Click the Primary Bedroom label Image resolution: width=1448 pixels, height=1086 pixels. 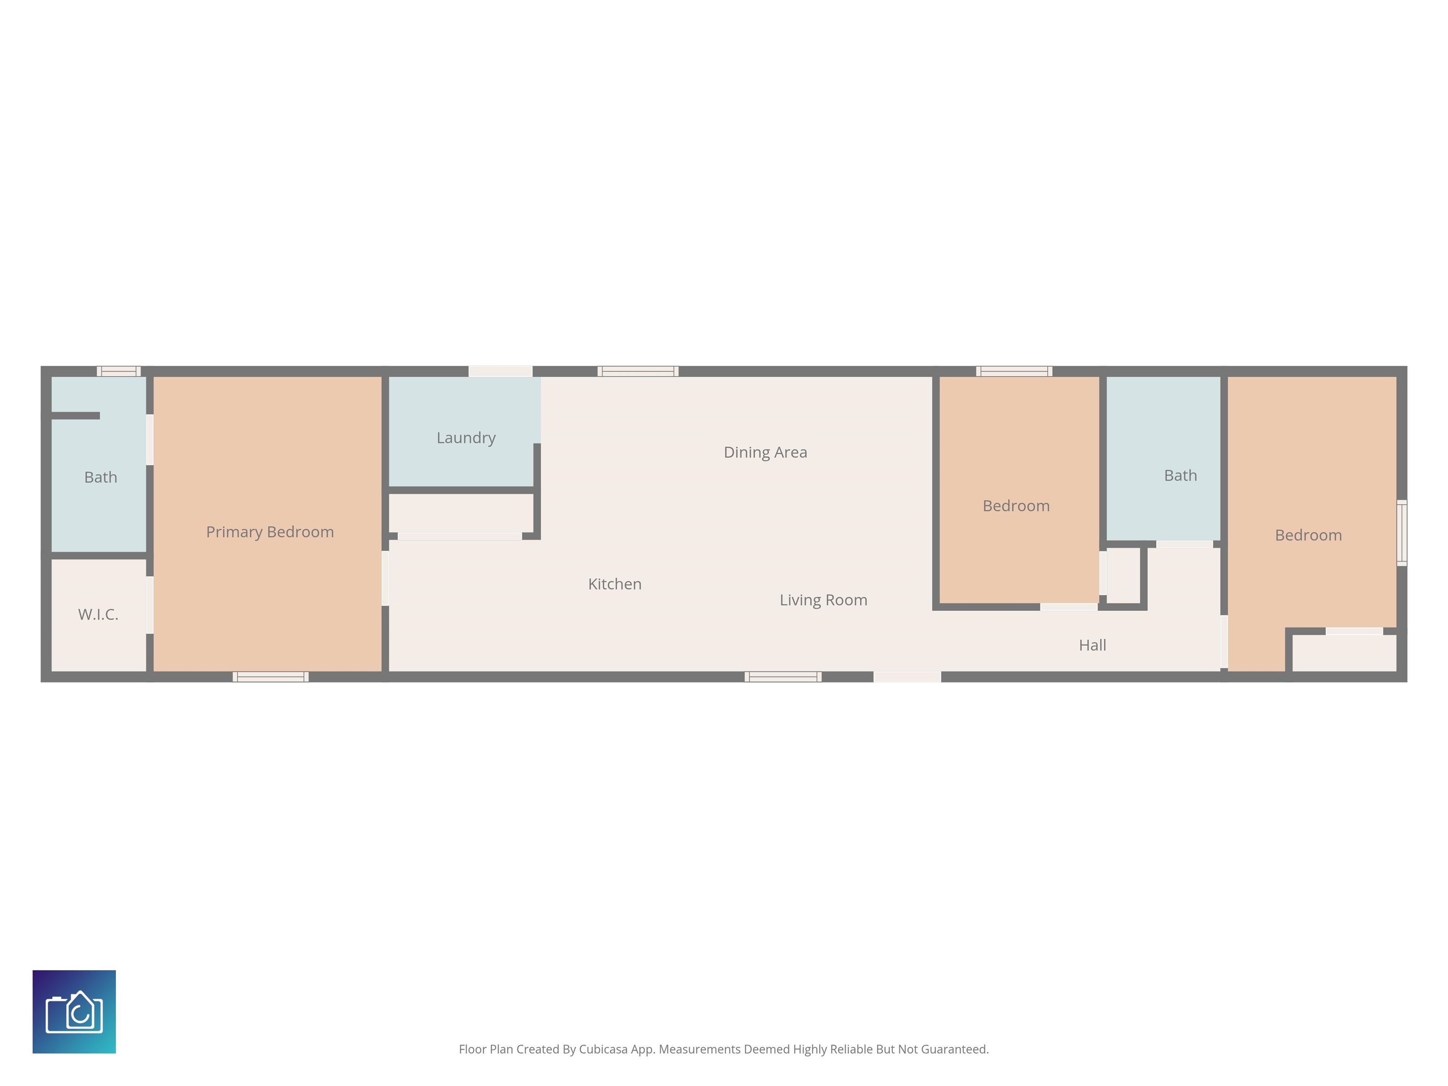(270, 532)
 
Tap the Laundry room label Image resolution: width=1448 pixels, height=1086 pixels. (466, 438)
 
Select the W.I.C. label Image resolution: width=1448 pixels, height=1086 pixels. (98, 614)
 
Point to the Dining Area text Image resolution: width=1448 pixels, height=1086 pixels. (765, 452)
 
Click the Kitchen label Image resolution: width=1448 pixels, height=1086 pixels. (615, 584)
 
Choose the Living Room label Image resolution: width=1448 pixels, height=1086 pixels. (823, 601)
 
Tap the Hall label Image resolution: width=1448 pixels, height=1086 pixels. (1093, 645)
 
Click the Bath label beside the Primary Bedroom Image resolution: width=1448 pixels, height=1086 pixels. (101, 477)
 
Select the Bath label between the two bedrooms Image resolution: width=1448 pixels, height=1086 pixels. (1180, 475)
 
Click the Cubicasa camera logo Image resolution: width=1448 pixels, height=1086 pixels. (74, 1012)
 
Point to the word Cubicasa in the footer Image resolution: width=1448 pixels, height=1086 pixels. (603, 1049)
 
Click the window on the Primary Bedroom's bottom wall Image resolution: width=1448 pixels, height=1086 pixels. (271, 677)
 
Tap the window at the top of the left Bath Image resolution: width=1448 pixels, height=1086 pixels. (118, 371)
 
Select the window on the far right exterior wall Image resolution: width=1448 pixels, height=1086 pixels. (1401, 533)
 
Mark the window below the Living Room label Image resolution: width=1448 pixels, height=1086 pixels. (783, 677)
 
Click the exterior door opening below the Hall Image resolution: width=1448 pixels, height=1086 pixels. (907, 677)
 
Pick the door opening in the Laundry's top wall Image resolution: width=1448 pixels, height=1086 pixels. (500, 371)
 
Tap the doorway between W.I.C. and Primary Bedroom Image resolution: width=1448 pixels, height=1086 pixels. (150, 605)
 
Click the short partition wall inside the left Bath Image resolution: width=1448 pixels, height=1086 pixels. (75, 416)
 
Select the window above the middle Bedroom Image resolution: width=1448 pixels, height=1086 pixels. (1014, 371)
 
